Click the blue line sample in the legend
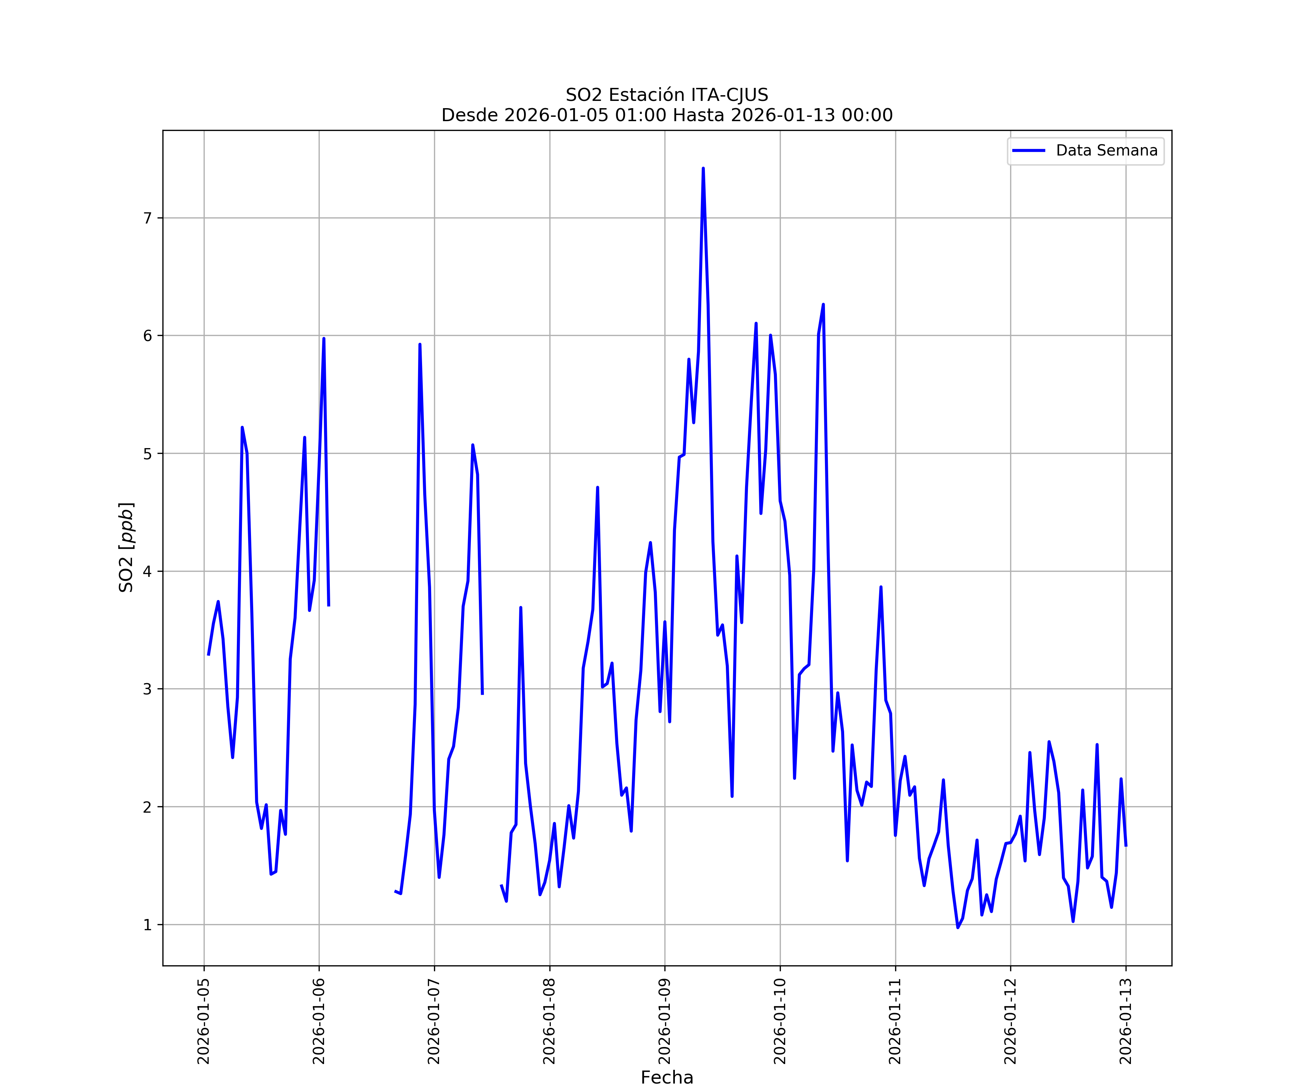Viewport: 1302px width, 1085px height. pos(1029,151)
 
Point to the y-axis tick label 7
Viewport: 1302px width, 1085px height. pos(148,218)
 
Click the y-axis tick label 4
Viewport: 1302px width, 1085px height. pos(148,572)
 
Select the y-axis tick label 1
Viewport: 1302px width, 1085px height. pos(148,925)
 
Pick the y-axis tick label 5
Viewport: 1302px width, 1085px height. pos(148,454)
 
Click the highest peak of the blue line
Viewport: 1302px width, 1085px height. pos(703,169)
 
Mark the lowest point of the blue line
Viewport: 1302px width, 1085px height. pos(958,928)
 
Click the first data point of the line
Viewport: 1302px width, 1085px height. pos(208,655)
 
